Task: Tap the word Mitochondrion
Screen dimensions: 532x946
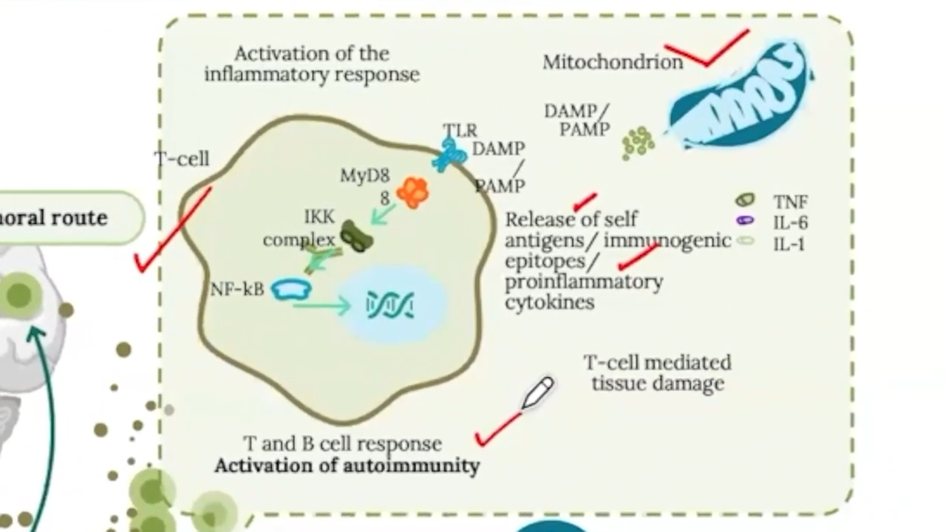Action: point(613,62)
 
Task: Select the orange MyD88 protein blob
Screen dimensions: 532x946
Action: point(412,192)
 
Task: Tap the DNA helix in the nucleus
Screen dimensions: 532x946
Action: point(390,305)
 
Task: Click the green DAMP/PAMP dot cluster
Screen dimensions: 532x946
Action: point(637,142)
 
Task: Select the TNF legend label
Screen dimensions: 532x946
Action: point(790,202)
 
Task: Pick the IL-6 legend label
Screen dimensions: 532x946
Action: point(789,222)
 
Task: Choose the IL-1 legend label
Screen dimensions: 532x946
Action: point(789,243)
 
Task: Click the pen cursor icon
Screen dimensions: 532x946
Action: point(537,392)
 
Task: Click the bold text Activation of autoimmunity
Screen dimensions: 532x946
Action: point(347,466)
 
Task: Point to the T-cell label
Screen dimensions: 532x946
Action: point(182,159)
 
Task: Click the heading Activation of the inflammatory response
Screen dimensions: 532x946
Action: point(312,64)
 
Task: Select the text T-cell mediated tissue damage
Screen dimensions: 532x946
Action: point(657,373)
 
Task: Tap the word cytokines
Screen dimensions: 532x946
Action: point(550,302)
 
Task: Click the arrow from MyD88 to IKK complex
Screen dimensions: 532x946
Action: point(383,215)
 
